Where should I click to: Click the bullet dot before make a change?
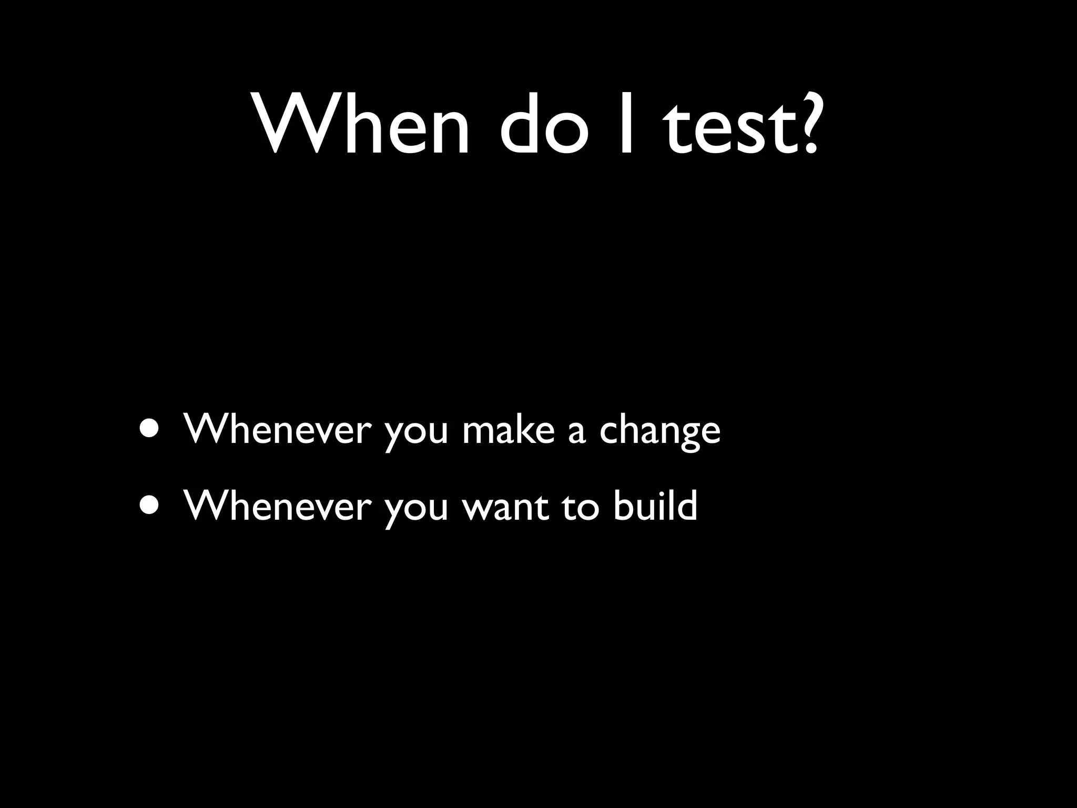(151, 429)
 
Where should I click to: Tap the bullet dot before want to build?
(151, 505)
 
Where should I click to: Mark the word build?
(655, 505)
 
